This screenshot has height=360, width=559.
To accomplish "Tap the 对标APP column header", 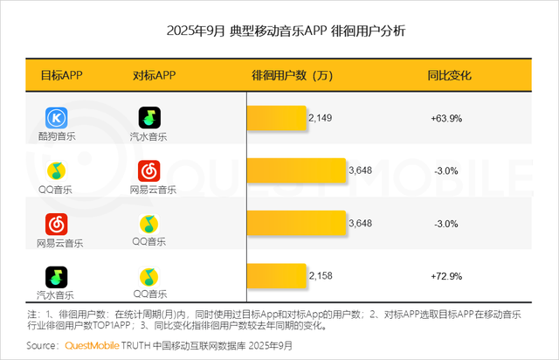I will (x=154, y=75).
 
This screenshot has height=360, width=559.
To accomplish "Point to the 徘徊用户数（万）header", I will (x=293, y=75).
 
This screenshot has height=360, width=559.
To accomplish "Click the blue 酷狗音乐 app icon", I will (x=57, y=117).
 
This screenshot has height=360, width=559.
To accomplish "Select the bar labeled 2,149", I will (x=277, y=117).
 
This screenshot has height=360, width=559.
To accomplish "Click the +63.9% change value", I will (x=445, y=117).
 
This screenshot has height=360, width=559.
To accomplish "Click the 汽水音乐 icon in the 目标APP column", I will (x=57, y=277).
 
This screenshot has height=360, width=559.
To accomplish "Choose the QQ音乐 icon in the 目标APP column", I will (x=57, y=170).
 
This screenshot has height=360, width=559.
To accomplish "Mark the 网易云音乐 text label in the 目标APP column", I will (x=57, y=242).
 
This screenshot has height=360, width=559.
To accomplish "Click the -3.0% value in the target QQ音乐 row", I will (x=445, y=170).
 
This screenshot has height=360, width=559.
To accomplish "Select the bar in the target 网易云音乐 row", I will (x=297, y=224).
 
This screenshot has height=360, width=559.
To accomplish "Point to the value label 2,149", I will (x=321, y=117).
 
